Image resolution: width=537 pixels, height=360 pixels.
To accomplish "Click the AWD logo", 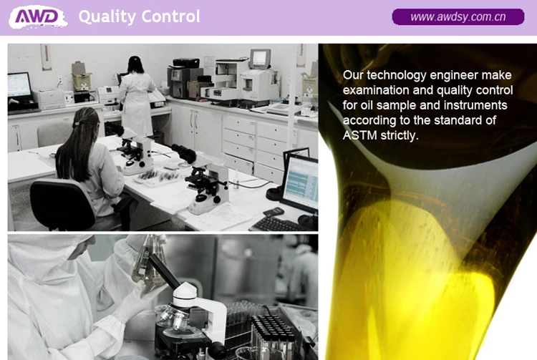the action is [x=38, y=16].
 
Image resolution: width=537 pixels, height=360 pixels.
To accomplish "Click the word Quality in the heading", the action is [x=107, y=16].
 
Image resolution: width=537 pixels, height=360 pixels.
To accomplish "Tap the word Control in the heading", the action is [x=170, y=16].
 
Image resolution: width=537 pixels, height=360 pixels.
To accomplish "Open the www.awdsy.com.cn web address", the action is [x=458, y=16].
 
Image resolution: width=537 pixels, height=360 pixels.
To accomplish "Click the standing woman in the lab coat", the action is [x=137, y=96].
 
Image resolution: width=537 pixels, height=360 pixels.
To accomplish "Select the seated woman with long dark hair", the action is [x=92, y=165].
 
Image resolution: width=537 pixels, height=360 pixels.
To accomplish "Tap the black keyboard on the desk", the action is [x=279, y=225].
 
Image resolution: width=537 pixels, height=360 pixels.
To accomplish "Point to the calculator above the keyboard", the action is [x=274, y=212].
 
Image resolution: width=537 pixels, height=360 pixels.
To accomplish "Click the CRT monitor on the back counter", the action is [x=261, y=59].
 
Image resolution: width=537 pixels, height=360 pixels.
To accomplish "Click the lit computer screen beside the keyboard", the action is [x=300, y=181].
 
